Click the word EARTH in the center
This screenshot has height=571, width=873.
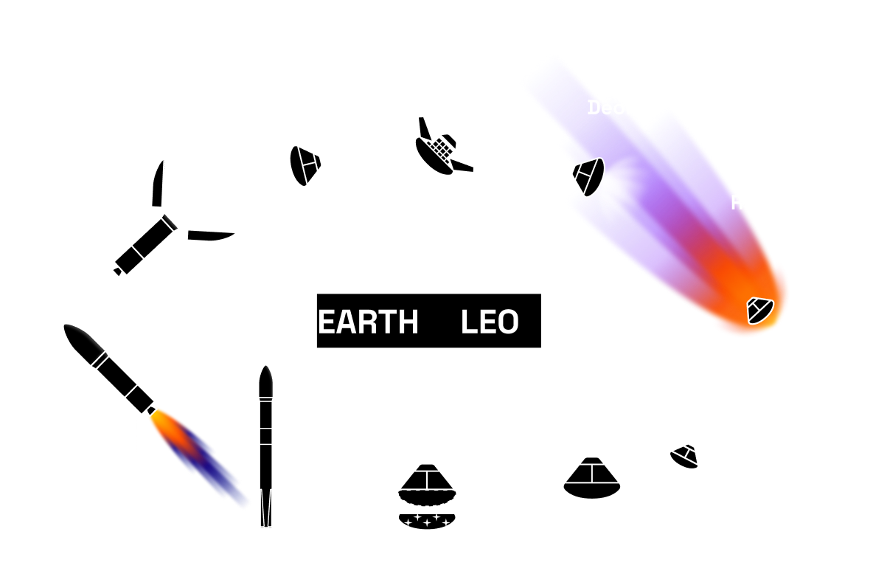368,322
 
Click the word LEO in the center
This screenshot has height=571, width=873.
490,322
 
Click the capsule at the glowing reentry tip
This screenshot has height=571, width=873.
759,310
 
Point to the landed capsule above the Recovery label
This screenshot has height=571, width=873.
592,477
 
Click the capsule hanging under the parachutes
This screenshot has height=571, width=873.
685,457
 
